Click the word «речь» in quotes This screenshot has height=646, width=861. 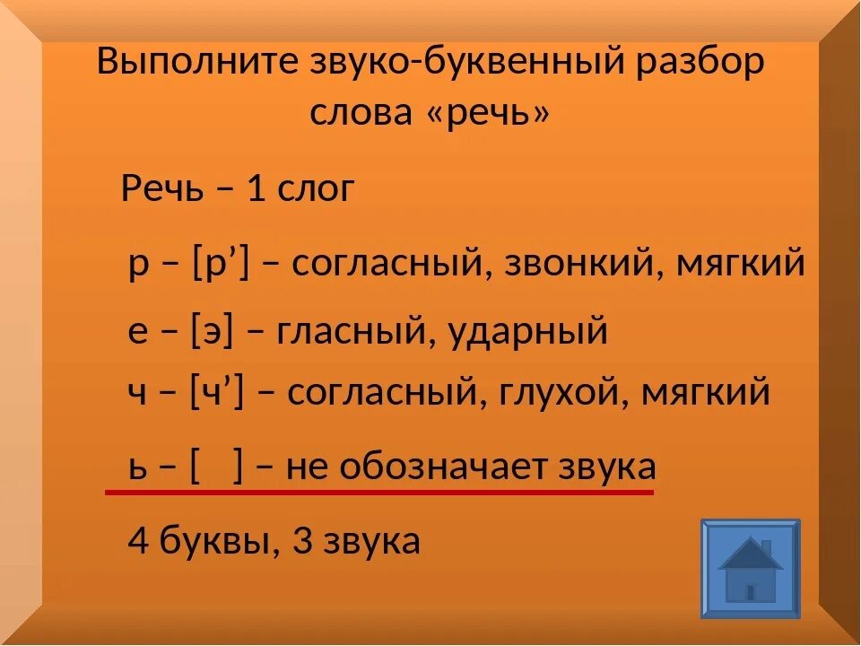click(x=484, y=113)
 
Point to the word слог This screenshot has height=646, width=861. click(x=317, y=189)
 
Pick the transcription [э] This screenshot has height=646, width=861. click(x=212, y=331)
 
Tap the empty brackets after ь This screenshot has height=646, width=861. click(x=216, y=467)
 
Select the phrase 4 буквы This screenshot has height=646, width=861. click(x=198, y=541)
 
